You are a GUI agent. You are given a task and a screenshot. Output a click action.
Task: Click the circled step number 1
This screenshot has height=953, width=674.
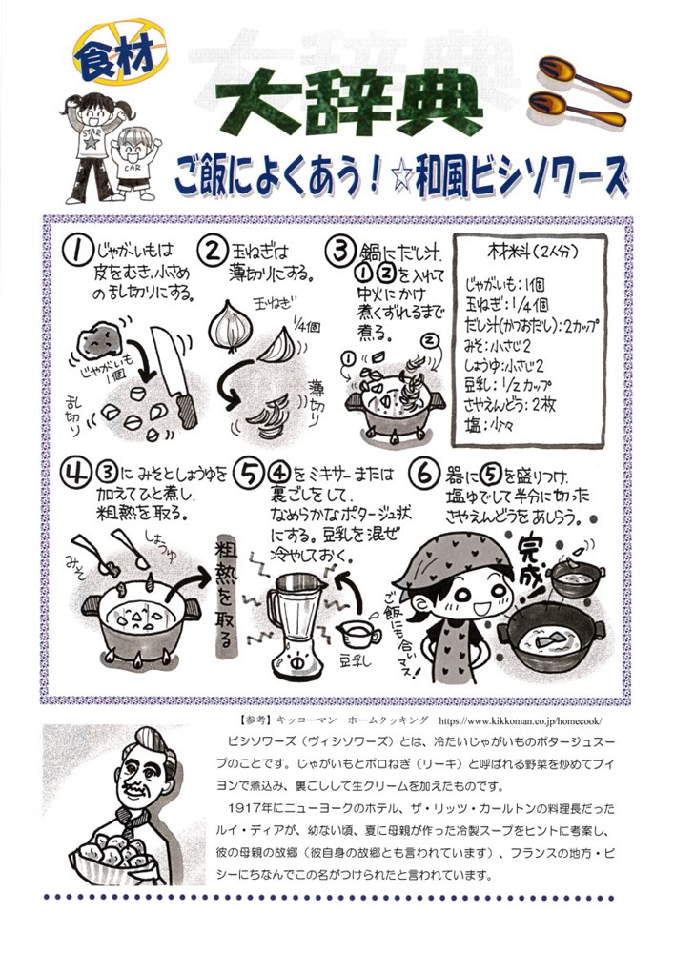point(76,251)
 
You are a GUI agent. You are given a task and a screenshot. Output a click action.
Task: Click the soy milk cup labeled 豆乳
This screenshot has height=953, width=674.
point(357,635)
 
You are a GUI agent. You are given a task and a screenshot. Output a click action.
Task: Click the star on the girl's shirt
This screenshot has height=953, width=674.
point(92,142)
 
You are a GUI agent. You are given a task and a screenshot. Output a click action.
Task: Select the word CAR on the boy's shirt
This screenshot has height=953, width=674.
point(132,168)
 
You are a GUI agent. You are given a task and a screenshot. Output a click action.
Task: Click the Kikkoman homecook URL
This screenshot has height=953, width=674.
point(520,720)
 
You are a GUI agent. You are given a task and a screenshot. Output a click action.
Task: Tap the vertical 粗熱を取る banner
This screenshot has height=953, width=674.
point(227,599)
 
